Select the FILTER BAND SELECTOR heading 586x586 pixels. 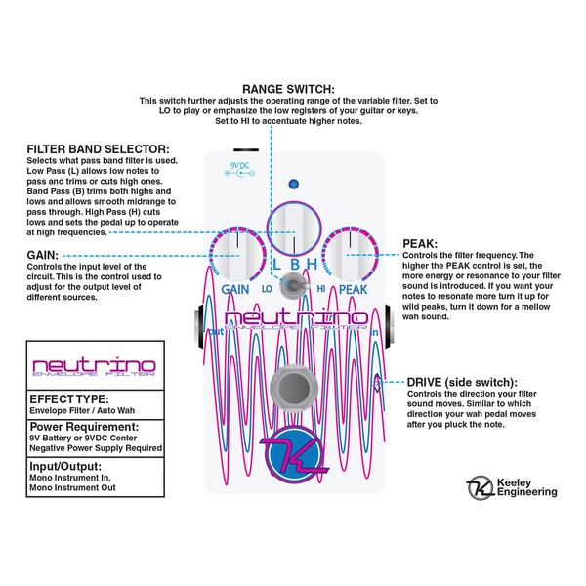[x=96, y=149]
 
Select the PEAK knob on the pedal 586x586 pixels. [x=350, y=254]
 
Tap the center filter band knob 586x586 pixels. [x=294, y=229]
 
